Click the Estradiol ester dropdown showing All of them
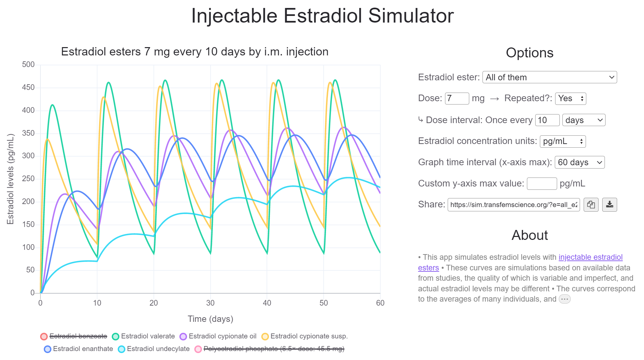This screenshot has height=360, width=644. [549, 77]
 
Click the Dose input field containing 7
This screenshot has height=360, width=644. [457, 99]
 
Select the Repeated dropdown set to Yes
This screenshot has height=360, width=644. [570, 99]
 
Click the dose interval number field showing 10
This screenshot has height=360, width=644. [547, 120]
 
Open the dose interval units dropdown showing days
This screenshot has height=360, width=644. [584, 120]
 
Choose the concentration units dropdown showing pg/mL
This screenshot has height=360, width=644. [563, 141]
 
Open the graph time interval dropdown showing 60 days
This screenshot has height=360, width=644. [579, 162]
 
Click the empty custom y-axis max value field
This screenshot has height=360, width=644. [542, 183]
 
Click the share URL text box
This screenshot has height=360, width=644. [513, 205]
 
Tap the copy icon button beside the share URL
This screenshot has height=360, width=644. [591, 205]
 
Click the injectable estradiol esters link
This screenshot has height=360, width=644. [590, 257]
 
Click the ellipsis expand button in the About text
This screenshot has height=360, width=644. [564, 299]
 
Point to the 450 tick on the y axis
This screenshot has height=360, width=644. [28, 88]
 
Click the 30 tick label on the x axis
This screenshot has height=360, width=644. [210, 303]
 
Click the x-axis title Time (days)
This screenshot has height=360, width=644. [210, 319]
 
